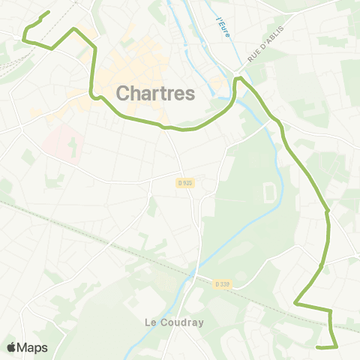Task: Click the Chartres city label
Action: pyautogui.click(x=156, y=93)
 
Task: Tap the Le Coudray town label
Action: pyautogui.click(x=173, y=322)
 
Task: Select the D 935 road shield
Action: pyautogui.click(x=185, y=182)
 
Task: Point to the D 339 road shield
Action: pyautogui.click(x=221, y=284)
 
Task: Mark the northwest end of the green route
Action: pyautogui.click(x=49, y=12)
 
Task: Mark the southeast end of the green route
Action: pyautogui.click(x=318, y=347)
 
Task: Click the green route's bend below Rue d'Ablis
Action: pyautogui.click(x=238, y=79)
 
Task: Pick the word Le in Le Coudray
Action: pyautogui.click(x=150, y=322)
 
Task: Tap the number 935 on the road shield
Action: pyautogui.click(x=187, y=182)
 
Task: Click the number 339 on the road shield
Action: pyautogui.click(x=223, y=284)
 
